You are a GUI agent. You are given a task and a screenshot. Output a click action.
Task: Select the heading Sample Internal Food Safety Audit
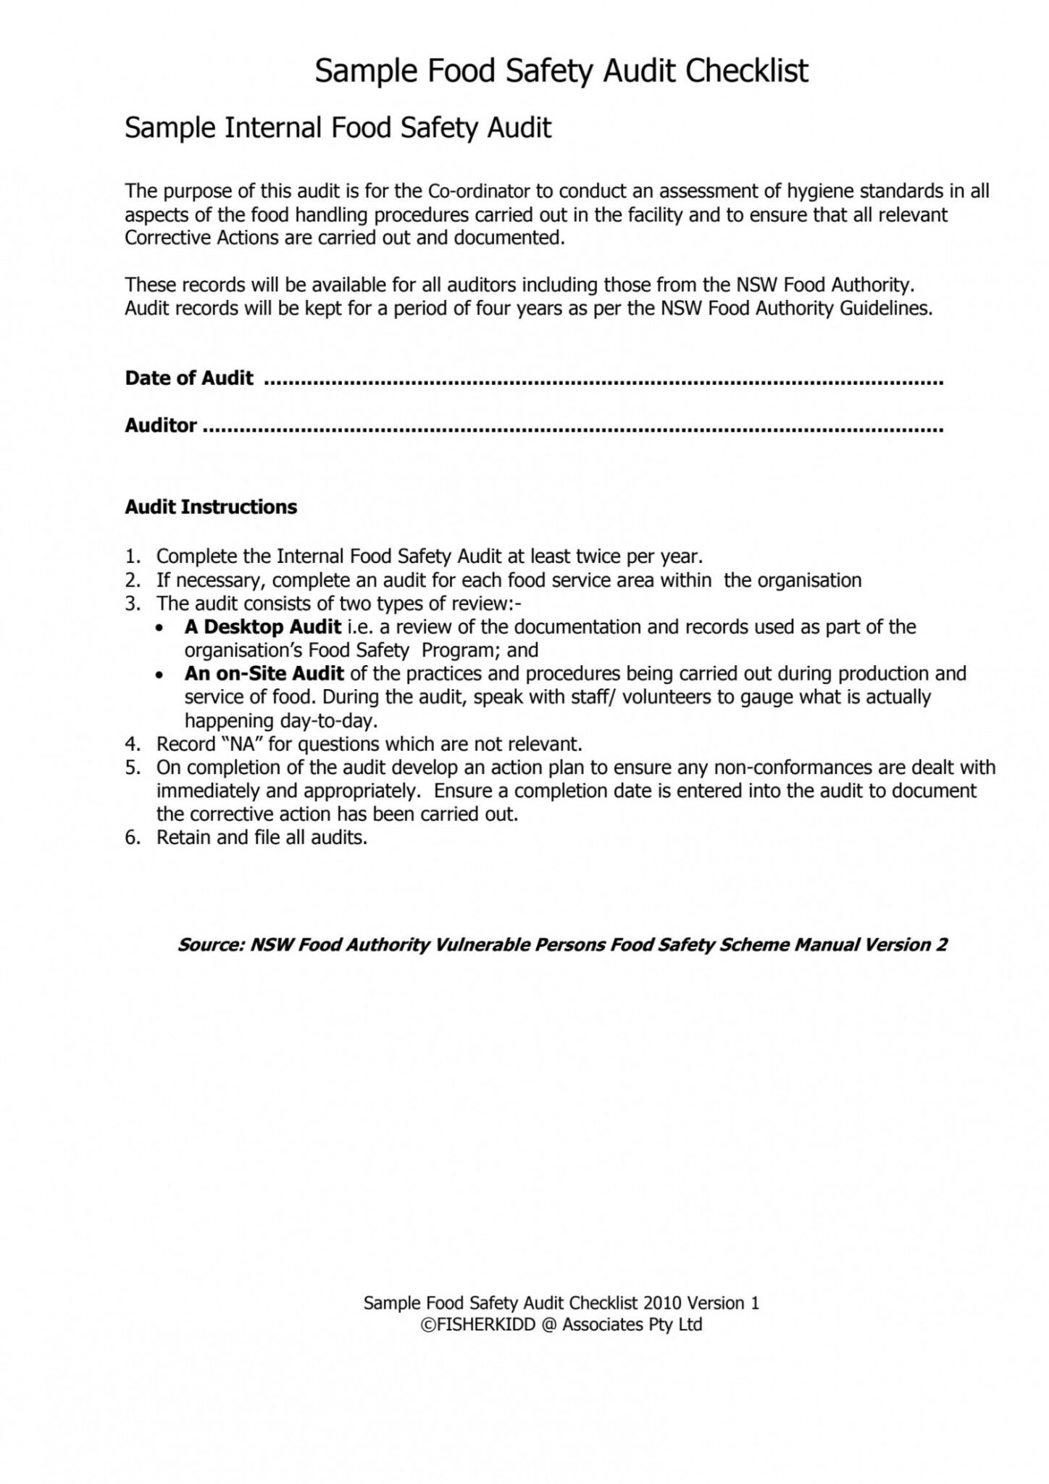coord(338,128)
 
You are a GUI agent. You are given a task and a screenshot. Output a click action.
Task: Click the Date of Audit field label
coord(189,378)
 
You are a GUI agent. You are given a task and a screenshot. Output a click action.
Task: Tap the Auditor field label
coord(161,425)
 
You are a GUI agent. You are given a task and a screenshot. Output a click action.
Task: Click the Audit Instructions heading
coord(211,507)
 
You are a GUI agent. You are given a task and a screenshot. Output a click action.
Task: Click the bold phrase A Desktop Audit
coord(262,627)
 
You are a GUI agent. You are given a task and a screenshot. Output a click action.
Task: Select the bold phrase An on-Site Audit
coord(264,673)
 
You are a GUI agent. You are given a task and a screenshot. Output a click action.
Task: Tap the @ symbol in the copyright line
coord(548,1325)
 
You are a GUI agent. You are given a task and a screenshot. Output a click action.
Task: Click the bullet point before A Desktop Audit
coord(161,628)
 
